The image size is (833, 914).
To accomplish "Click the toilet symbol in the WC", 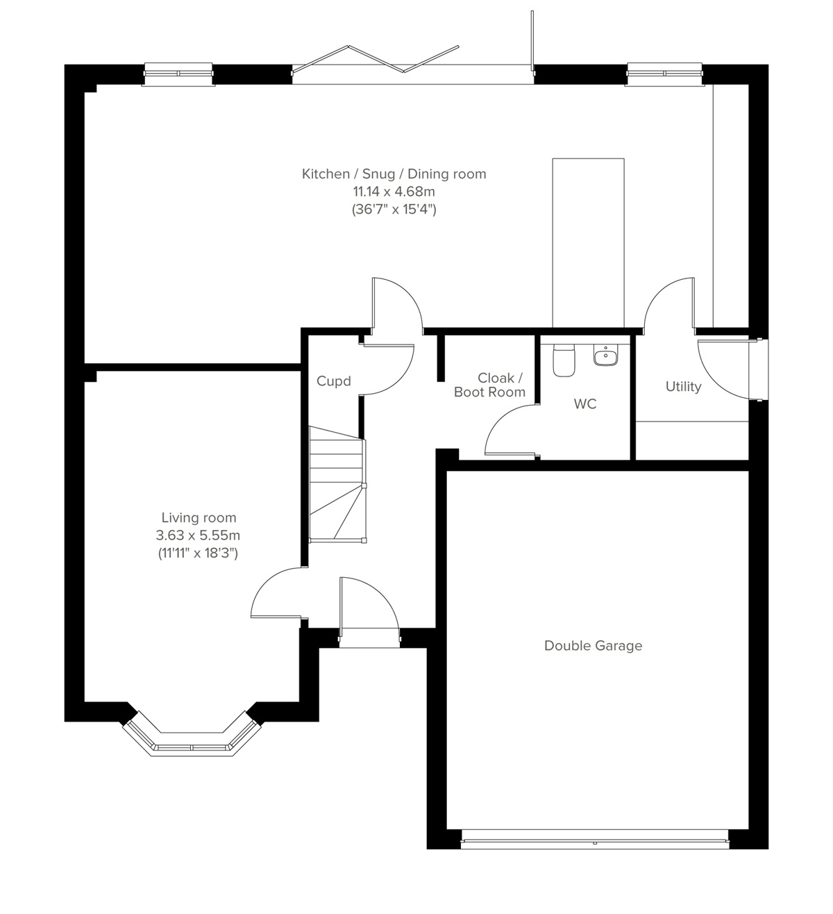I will click(x=564, y=360).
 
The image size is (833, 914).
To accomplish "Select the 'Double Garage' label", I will click(x=593, y=646).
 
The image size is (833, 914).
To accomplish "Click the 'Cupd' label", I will click(x=334, y=381).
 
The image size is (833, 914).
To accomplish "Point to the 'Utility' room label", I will click(x=683, y=387).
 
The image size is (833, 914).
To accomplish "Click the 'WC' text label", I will click(x=585, y=404).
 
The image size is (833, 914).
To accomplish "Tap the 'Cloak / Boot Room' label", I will click(x=490, y=385).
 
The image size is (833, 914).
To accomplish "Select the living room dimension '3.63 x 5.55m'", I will click(x=199, y=535).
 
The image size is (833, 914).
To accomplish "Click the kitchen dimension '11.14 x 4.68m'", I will click(x=394, y=191).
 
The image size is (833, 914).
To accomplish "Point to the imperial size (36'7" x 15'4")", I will click(x=394, y=209).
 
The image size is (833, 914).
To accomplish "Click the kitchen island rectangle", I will click(x=588, y=242).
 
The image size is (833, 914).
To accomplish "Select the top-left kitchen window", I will click(x=178, y=74).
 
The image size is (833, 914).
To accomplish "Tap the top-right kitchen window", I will click(x=665, y=74).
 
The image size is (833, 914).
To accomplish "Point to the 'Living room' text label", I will click(x=199, y=517).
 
